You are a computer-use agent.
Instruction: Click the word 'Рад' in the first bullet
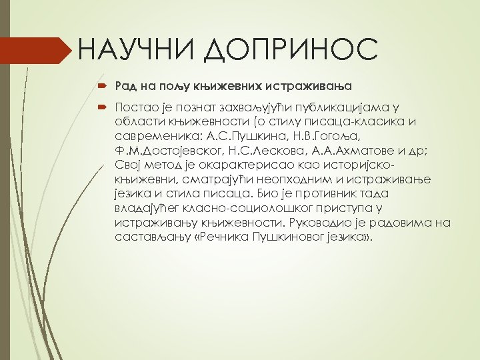125,86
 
